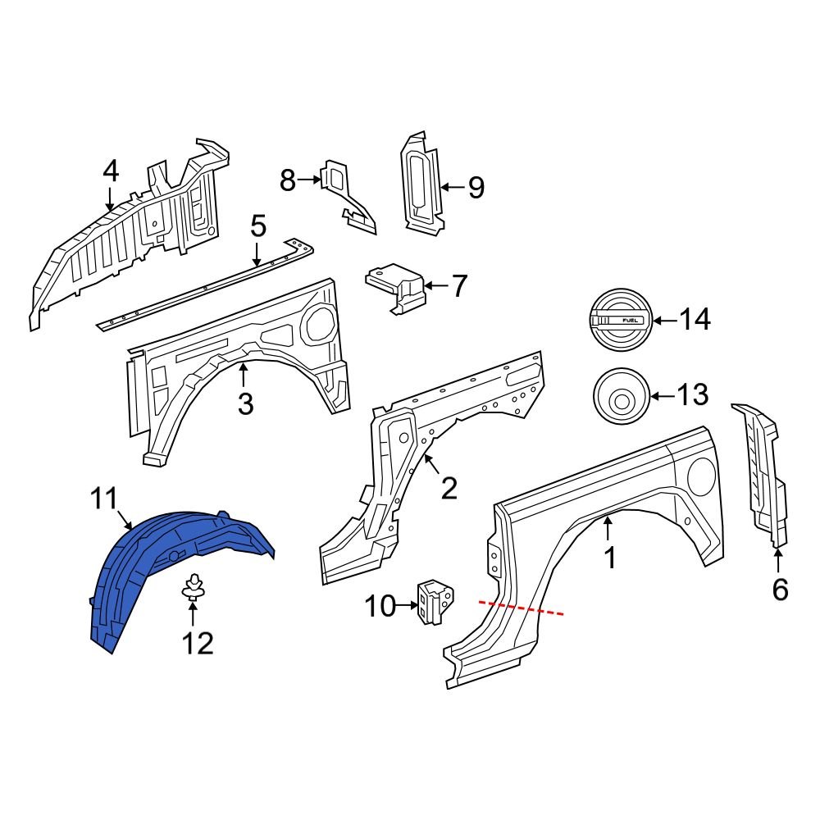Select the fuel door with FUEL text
tap(621, 320)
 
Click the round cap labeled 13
tap(621, 398)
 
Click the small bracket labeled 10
tap(434, 604)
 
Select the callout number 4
tap(110, 171)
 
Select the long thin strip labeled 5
tap(205, 283)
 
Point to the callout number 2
tap(449, 489)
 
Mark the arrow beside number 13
tap(662, 397)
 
